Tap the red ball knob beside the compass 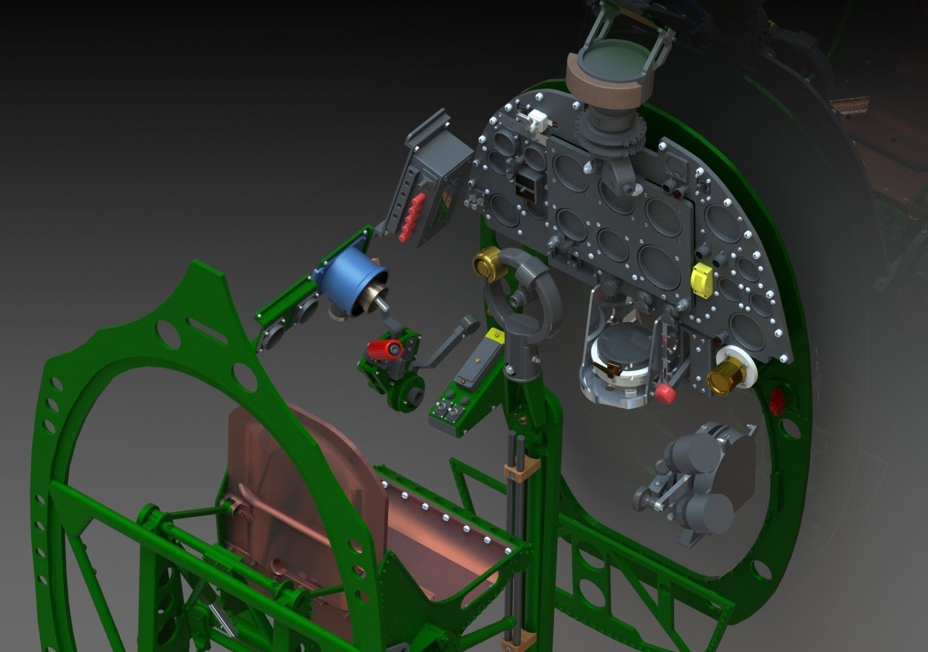(663, 392)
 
